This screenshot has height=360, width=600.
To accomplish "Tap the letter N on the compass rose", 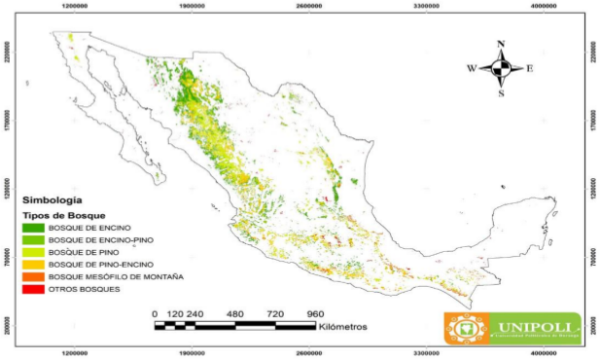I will tap(501, 45).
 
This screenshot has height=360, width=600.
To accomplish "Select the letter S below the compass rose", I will tap(501, 94).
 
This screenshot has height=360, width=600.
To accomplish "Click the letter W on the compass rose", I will tap(472, 68).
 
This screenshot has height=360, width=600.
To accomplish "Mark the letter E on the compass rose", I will tap(530, 69).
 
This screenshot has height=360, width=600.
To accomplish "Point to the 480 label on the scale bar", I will tap(234, 314).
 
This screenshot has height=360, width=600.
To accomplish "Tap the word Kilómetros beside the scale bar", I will tap(341, 327).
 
